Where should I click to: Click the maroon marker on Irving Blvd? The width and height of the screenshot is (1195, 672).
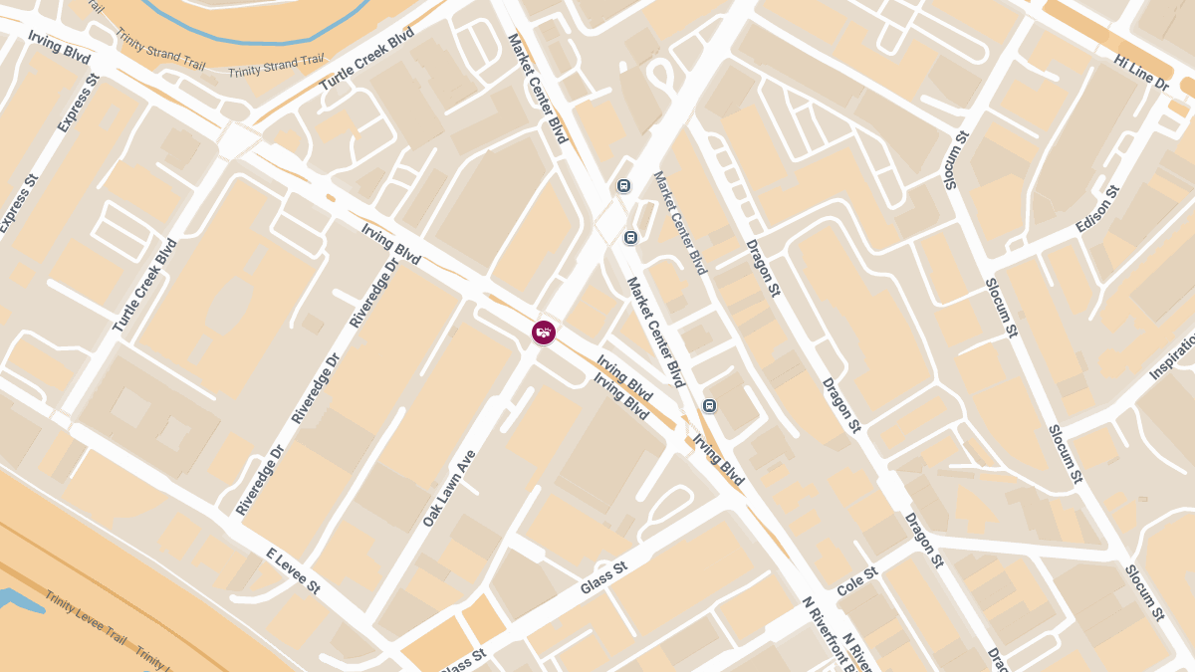tap(544, 333)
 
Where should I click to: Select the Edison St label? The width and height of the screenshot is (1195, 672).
tap(1097, 209)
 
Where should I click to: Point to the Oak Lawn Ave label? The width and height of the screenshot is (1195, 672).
tap(449, 488)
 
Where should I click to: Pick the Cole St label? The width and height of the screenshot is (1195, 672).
tap(856, 581)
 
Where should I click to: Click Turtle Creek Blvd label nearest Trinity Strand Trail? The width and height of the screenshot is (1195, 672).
tap(365, 61)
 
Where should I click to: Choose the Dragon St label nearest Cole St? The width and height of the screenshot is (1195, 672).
tap(923, 540)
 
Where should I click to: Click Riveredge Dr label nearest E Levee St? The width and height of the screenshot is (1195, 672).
tap(260, 480)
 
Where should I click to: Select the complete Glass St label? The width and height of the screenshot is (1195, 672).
tap(603, 578)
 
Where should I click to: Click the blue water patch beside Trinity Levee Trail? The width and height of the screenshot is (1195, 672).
tap(12, 600)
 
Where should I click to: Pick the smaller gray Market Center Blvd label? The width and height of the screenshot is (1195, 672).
tap(679, 222)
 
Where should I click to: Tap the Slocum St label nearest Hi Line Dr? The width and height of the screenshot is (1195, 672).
tap(954, 159)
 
